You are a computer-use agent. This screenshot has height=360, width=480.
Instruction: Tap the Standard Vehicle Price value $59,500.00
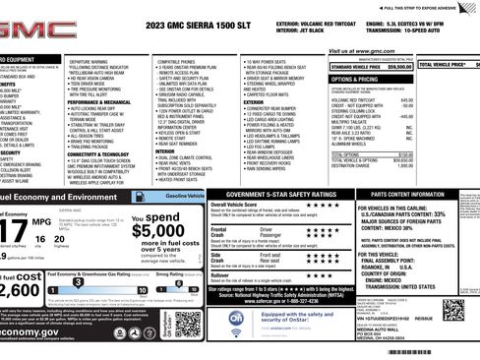370,67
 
